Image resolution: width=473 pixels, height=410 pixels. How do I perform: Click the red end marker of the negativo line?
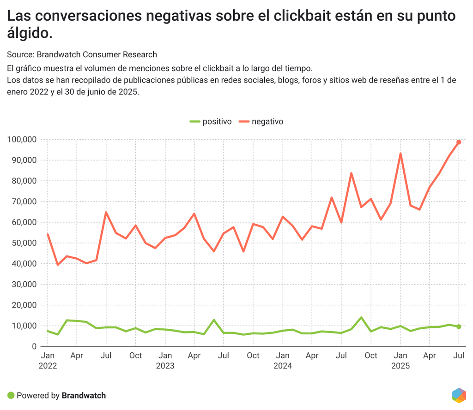(x=459, y=142)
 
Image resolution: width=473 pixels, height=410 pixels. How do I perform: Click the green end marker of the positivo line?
(x=459, y=327)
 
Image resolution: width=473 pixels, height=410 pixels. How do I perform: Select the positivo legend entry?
(x=211, y=122)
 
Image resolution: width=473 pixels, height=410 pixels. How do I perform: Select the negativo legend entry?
(x=261, y=122)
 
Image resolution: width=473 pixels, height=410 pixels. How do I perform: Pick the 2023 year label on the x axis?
(x=165, y=366)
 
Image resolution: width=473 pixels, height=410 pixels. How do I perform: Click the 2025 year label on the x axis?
(x=400, y=366)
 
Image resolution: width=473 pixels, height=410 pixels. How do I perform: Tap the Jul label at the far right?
(x=459, y=356)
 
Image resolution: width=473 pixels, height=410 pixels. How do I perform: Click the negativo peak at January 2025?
(x=400, y=154)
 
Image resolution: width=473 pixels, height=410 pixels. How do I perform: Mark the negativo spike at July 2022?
(x=106, y=212)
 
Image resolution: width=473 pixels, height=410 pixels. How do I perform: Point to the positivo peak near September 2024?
(x=361, y=317)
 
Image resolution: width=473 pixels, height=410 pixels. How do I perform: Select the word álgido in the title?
(x=28, y=33)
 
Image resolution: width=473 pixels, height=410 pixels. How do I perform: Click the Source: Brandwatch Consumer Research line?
(x=82, y=54)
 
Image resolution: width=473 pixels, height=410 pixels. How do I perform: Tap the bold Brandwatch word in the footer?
(x=84, y=395)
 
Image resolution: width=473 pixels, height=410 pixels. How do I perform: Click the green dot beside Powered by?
(x=11, y=395)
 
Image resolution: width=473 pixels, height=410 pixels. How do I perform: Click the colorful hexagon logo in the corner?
(x=459, y=395)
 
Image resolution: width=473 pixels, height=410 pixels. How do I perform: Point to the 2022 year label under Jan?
(x=48, y=366)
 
